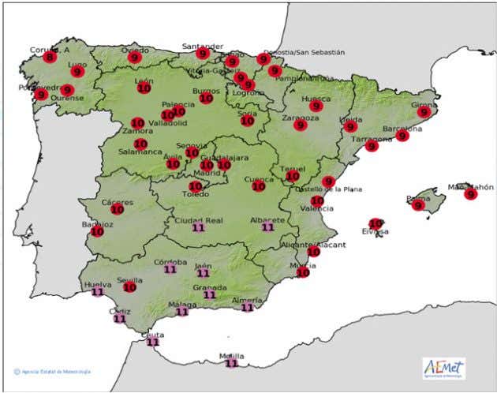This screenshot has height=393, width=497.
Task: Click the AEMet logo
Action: [x=443, y=368]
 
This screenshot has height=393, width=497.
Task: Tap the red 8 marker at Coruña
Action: [x=50, y=57]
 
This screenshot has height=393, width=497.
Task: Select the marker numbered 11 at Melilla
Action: [x=231, y=363]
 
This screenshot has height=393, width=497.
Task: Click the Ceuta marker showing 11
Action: [x=153, y=342]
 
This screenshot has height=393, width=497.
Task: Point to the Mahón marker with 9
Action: [x=471, y=194]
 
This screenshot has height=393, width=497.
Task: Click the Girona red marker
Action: [x=424, y=112]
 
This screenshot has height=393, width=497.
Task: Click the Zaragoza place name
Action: [x=300, y=118]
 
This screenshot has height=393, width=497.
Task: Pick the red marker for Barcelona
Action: [x=403, y=136]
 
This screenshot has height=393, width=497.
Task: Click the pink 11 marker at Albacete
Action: [x=267, y=227]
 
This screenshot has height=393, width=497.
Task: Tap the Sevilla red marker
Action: [x=130, y=287]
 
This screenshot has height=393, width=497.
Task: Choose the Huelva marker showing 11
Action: [x=98, y=292]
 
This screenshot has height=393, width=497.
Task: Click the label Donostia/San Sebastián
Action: [x=305, y=52]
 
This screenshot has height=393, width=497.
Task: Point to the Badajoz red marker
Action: [x=98, y=231]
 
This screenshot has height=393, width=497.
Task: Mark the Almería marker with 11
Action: [x=248, y=308]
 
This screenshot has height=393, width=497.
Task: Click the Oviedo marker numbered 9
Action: [x=134, y=57]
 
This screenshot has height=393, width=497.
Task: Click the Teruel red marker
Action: [x=293, y=176]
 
